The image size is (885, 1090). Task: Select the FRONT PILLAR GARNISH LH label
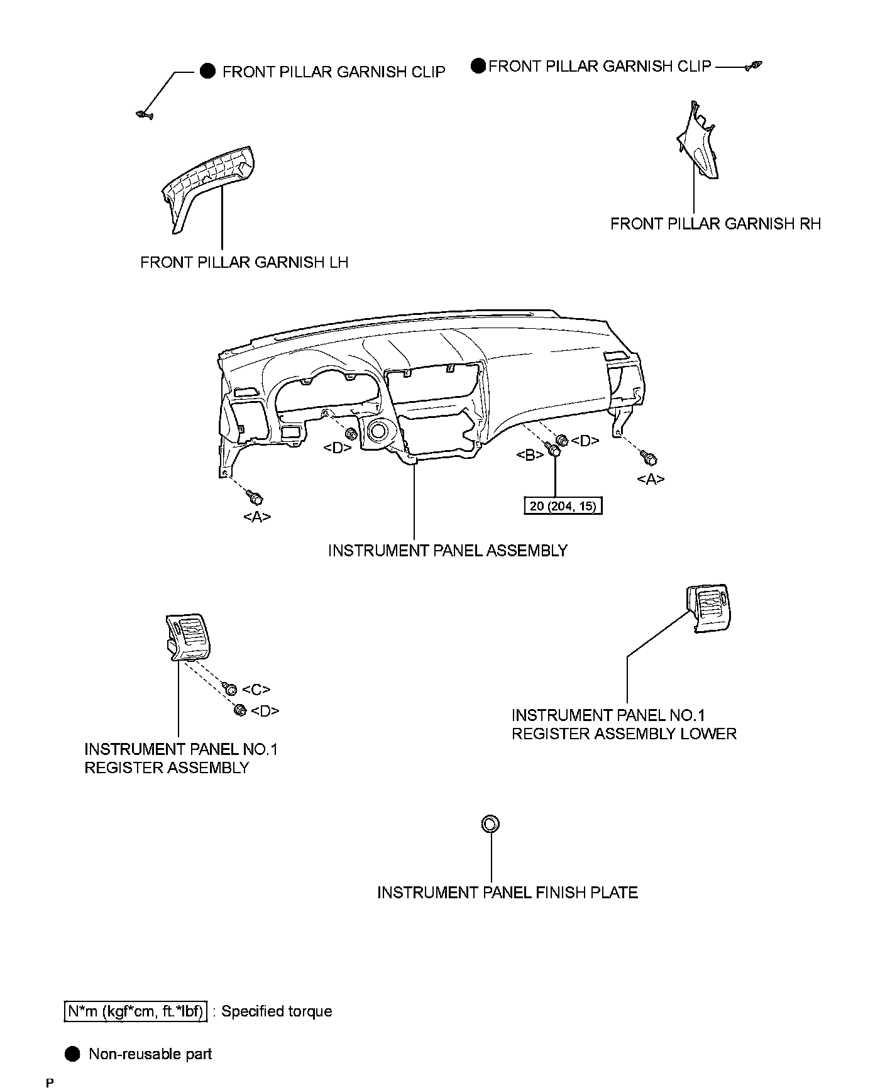pos(244,262)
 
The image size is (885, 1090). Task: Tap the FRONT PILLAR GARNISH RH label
pos(715,224)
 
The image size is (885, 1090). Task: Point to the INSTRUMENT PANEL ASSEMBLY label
pos(448,551)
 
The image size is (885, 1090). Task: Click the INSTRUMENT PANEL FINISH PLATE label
pos(507,893)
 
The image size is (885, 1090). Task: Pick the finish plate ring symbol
pos(491,823)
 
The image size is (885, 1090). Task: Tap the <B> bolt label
pos(530,455)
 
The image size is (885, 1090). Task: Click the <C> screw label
pos(256,690)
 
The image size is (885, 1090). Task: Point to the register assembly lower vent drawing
pos(710,606)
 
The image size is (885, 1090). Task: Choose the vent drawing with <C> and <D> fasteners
pos(187,638)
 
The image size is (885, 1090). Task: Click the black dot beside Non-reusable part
pos(72,1054)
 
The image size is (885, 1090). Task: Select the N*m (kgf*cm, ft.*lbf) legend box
pos(136,1011)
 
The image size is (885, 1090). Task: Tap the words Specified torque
pos(277,1011)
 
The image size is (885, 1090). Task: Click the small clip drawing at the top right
pos(754,66)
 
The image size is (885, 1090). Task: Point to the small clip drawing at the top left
pos(144,114)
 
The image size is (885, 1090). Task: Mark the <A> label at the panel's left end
pos(257,517)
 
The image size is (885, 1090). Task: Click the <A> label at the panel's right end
pos(651,479)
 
